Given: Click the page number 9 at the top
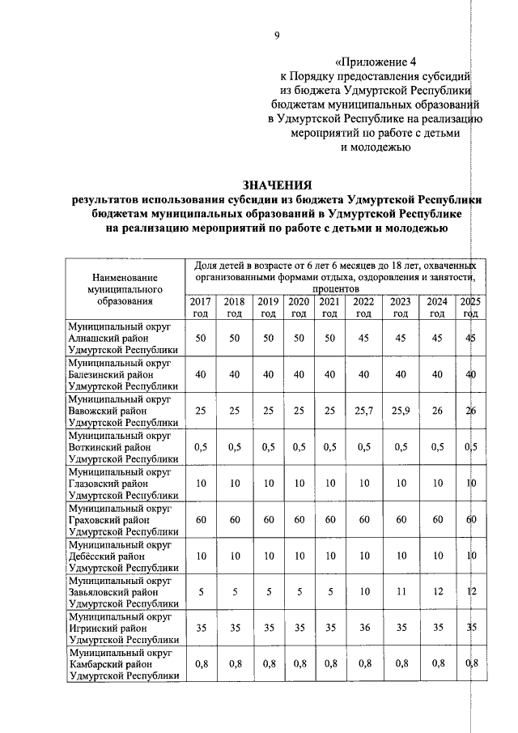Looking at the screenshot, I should click(x=276, y=35).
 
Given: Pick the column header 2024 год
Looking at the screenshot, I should click(x=437, y=307).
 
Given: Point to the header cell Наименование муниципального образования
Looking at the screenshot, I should click(x=125, y=288).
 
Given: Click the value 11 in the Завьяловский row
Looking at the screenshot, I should click(x=401, y=591).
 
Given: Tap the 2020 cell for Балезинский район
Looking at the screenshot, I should click(x=299, y=375).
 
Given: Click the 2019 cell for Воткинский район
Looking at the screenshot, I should click(x=267, y=447).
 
